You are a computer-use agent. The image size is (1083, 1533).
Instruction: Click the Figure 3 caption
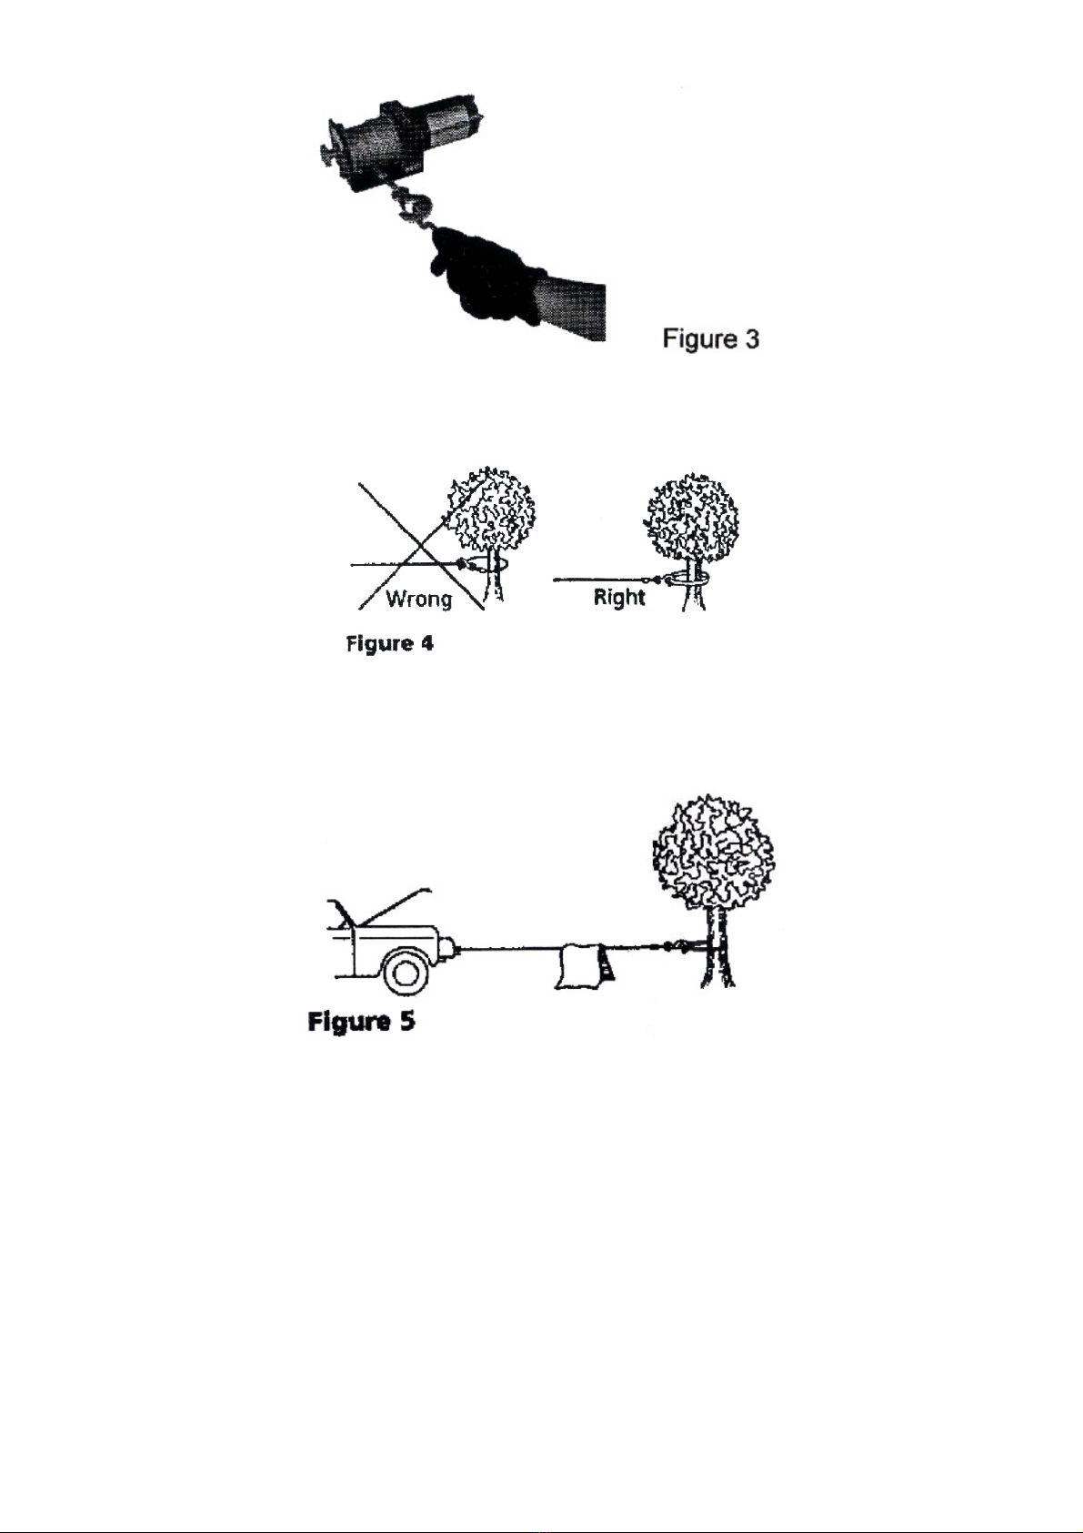tap(711, 338)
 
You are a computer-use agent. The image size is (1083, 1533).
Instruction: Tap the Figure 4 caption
tap(389, 644)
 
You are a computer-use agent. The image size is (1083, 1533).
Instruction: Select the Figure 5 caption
tap(361, 1022)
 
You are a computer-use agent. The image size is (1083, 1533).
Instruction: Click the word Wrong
tap(418, 599)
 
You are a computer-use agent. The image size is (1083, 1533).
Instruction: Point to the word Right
tap(619, 597)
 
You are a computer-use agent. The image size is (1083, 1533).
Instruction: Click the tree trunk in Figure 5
tap(717, 947)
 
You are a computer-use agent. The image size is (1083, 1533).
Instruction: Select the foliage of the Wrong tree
tap(491, 509)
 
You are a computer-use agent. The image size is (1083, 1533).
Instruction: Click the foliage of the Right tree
tap(692, 516)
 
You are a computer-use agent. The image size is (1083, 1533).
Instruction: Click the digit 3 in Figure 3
tap(752, 339)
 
